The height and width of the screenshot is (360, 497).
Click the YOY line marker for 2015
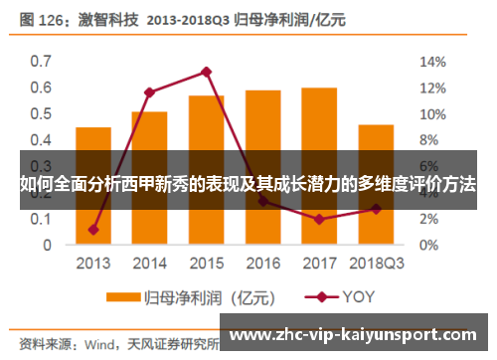click(207, 72)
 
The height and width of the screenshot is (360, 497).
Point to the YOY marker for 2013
click(93, 230)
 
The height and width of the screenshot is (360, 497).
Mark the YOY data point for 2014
click(150, 92)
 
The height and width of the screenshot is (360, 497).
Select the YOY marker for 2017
click(319, 219)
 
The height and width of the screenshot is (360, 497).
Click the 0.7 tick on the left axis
click(41, 61)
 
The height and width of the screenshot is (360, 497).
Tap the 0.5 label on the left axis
click(41, 113)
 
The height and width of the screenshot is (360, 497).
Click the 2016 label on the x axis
click(262, 264)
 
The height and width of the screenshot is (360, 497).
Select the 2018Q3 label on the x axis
click(376, 264)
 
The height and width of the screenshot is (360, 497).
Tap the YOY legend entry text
click(359, 296)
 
